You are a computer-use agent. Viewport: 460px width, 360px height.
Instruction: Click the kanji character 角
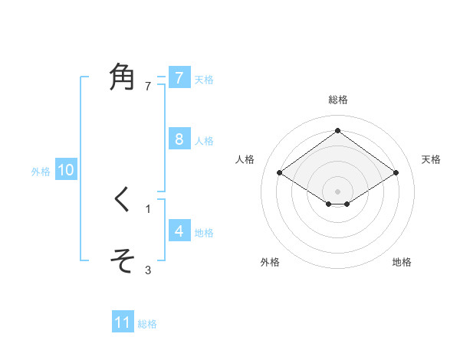(x=123, y=78)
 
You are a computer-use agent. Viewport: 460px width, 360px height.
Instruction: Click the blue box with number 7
(x=179, y=77)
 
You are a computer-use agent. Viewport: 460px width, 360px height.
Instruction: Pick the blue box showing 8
(x=179, y=139)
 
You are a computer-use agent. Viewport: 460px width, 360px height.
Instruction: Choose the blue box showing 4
(x=179, y=231)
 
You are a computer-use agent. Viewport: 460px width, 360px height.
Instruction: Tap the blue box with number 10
(x=65, y=170)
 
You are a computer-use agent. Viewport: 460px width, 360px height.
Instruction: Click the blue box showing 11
(x=123, y=322)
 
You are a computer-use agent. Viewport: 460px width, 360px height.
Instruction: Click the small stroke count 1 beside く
(x=148, y=208)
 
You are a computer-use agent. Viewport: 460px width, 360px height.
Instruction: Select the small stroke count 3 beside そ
(x=148, y=270)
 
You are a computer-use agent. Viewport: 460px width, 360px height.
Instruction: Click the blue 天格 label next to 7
(x=204, y=80)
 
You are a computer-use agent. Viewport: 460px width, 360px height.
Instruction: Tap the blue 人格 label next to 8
(x=204, y=141)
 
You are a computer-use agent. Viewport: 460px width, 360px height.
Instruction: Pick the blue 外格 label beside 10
(x=41, y=172)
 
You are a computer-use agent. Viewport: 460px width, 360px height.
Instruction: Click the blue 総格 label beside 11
(x=147, y=325)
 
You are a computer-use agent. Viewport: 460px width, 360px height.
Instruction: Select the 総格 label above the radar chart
(x=338, y=100)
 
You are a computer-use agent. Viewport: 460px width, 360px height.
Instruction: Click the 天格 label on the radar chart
(x=432, y=159)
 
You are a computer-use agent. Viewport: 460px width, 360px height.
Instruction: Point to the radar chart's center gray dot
(x=338, y=191)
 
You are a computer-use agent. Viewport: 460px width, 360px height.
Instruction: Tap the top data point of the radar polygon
(x=338, y=130)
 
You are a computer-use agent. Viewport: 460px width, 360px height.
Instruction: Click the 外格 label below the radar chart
(x=270, y=262)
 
